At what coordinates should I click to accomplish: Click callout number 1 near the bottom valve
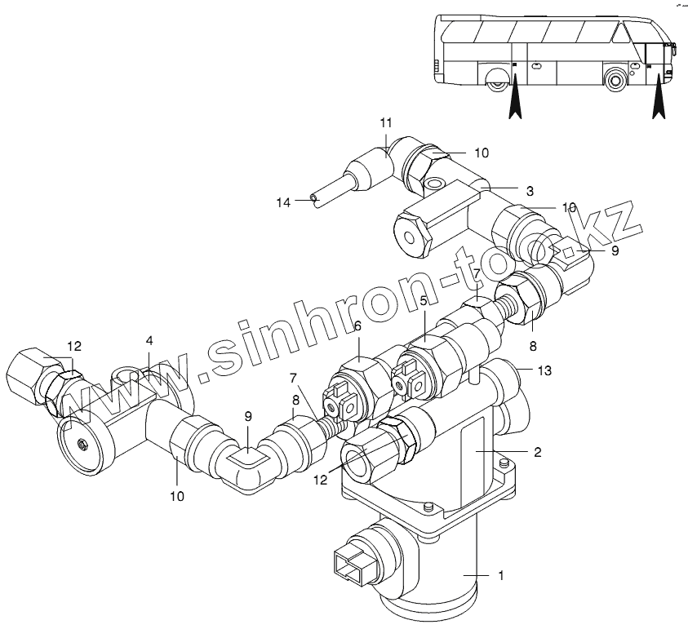point(501,575)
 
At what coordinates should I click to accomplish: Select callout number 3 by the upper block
point(530,191)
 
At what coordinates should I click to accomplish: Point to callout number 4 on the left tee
point(150,340)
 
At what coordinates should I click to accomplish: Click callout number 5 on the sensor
point(424,301)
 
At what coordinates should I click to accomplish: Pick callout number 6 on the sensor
point(357,326)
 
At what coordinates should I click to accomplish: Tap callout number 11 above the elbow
point(386,123)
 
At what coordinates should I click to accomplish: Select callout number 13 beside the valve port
point(544,370)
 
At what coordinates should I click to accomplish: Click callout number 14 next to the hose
point(283,202)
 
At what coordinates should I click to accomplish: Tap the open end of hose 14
point(313,198)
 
